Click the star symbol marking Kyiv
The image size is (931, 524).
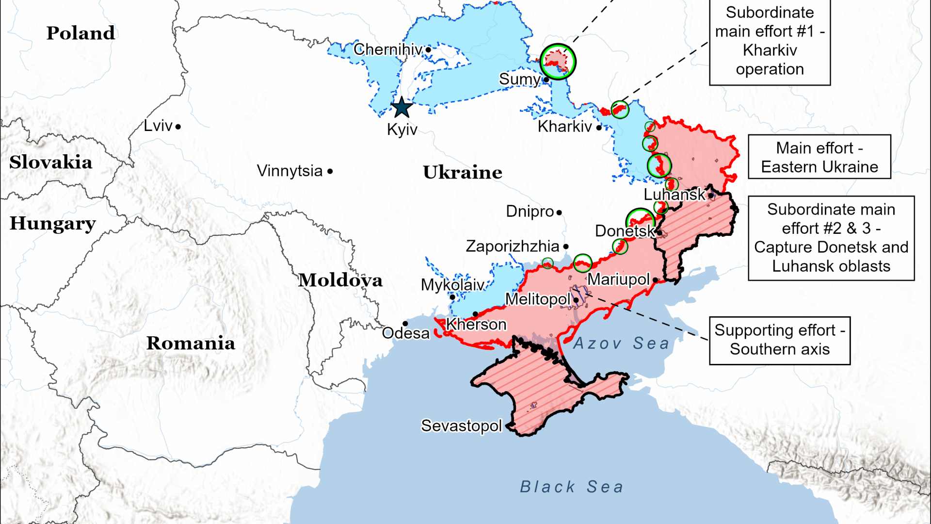[x=401, y=107]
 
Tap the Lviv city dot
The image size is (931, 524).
[x=178, y=127]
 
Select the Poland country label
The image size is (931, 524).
[x=80, y=33]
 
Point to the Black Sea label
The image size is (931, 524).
[x=571, y=487]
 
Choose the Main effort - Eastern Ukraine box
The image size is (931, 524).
[x=819, y=157]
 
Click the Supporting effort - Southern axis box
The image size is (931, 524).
[x=779, y=340]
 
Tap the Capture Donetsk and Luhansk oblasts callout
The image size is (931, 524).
[x=831, y=238]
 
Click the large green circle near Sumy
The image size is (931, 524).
[x=558, y=62]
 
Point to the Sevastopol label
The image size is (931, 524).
[x=461, y=426]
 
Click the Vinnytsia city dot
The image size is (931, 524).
[x=330, y=171]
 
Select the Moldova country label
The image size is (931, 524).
[x=340, y=280]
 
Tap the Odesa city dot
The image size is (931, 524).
[x=405, y=324]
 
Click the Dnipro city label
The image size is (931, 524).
[x=530, y=212]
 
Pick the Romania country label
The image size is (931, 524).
[x=191, y=343]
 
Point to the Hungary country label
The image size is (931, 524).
[x=52, y=223]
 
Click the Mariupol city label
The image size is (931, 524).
[x=618, y=279]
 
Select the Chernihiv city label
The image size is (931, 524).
[x=388, y=49]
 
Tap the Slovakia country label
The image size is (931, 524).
[x=50, y=162]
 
